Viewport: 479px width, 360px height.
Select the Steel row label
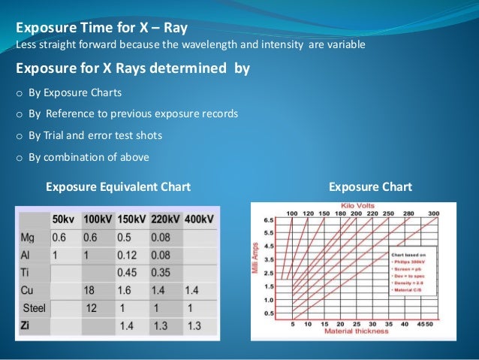pos(35,307)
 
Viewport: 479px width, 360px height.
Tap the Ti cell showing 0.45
pos(130,272)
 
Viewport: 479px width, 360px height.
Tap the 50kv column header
pos(64,219)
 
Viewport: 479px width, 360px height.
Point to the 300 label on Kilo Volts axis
pos(432,213)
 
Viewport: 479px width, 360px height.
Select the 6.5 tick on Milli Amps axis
pos(269,221)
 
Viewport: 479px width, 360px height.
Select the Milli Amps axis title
pos(256,259)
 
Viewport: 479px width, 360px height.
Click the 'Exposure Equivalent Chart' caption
pos(118,186)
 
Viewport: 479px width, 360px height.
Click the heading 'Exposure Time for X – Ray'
pos(101,29)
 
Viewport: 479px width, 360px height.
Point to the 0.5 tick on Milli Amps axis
pos(269,313)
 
